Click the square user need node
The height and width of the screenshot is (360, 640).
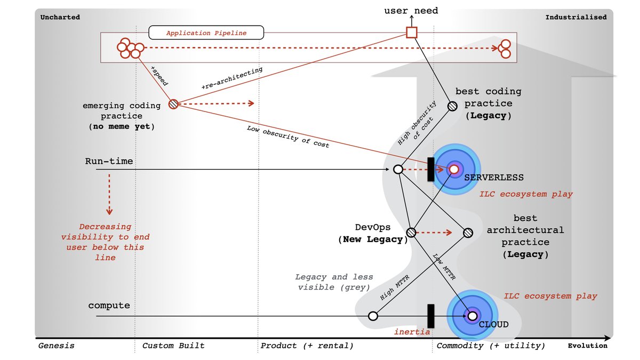[411, 33]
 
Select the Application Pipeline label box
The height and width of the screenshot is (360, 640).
[206, 33]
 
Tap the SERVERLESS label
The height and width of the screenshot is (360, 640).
[494, 177]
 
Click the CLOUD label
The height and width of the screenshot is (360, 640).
[493, 324]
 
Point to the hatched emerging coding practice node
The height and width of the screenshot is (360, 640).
[173, 104]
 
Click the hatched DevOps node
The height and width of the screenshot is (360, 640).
[411, 233]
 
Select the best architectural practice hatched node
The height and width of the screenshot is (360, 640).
[468, 233]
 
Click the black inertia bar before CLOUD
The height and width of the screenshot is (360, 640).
[431, 316]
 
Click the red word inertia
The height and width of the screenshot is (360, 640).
[412, 332]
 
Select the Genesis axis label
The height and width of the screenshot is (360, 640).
[56, 346]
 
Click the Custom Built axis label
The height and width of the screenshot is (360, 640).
[173, 346]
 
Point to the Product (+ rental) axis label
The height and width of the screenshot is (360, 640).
[307, 346]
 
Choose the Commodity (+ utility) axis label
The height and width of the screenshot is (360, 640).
[491, 346]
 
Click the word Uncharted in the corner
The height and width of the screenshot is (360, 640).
[60, 17]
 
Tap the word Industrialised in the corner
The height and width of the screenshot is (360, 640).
[575, 17]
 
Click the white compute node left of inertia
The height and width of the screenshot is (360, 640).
[373, 316]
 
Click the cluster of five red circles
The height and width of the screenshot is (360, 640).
[130, 48]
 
